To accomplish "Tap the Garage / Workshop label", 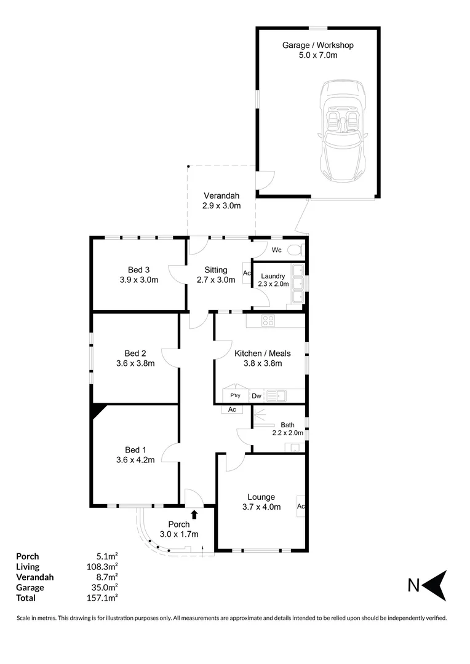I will click(317, 50).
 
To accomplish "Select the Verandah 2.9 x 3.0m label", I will click(221, 201).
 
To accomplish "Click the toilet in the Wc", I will click(297, 250).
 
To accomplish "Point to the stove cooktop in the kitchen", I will click(269, 320).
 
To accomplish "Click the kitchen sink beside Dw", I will click(277, 396).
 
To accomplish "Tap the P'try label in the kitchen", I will click(234, 395).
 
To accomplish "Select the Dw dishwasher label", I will click(256, 396).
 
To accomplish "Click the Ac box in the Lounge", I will click(301, 507).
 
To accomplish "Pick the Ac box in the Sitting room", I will click(247, 273).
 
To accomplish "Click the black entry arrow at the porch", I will click(194, 514).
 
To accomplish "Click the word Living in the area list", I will click(28, 566).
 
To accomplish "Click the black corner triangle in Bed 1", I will click(98, 411).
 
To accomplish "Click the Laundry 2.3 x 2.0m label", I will click(273, 280).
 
